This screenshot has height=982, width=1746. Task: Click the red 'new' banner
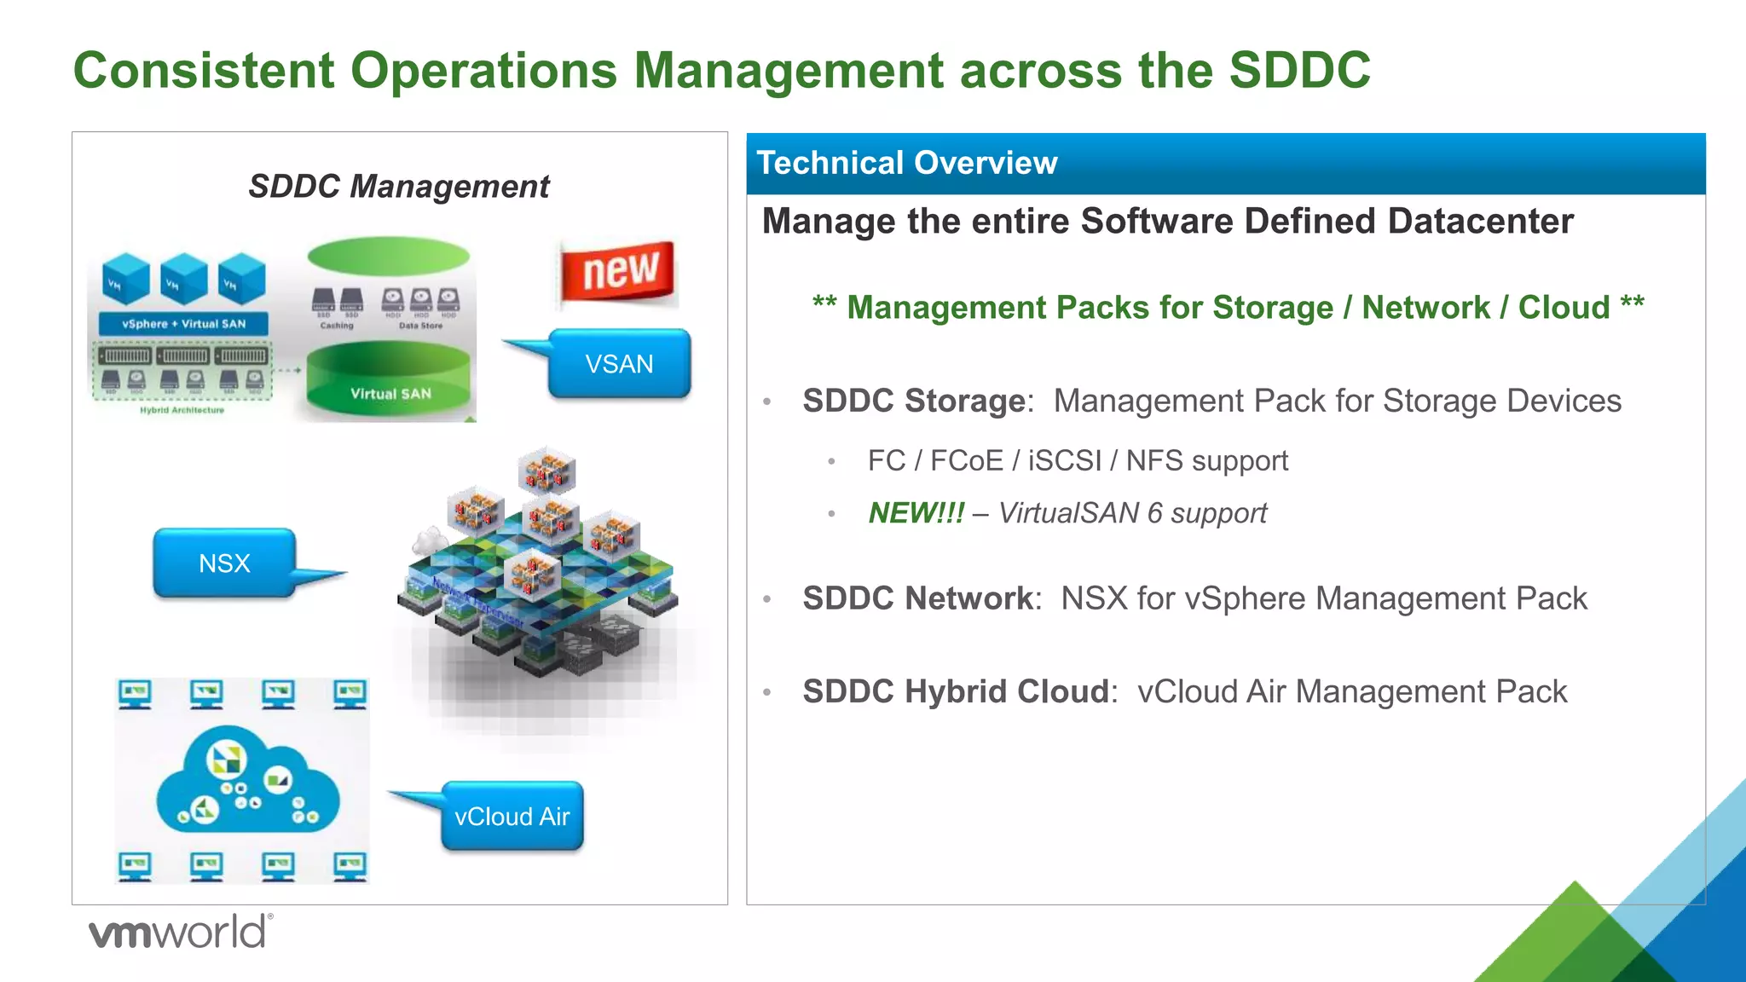click(619, 272)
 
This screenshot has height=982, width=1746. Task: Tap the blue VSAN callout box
click(619, 364)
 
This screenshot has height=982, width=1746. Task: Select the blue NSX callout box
click(224, 563)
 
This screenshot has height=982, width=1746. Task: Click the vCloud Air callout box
click(512, 817)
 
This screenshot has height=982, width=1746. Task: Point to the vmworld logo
click(180, 932)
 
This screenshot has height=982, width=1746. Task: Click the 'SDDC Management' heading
click(399, 186)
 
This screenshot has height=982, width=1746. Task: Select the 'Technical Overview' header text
click(907, 163)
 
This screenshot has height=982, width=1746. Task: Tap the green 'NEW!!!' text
click(916, 513)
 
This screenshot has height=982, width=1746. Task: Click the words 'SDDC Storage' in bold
click(914, 401)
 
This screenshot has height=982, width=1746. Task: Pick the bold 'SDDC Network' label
click(918, 598)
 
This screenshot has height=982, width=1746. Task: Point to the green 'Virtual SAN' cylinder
click(390, 384)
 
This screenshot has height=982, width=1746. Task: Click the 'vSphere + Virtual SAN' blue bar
click(183, 324)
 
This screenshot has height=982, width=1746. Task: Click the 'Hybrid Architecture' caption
click(182, 410)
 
